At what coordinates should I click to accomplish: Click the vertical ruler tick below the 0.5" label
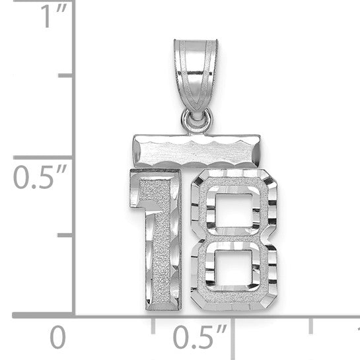click(65, 235)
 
